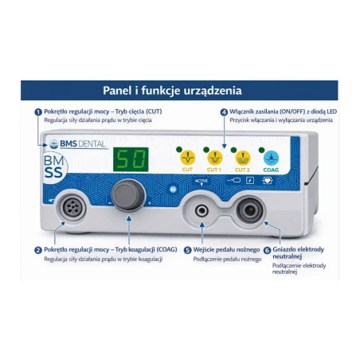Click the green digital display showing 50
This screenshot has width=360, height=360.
(x=131, y=159)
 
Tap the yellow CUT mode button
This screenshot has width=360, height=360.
(x=188, y=158)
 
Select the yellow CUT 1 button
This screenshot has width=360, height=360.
(x=215, y=158)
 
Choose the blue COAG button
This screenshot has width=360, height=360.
(x=271, y=158)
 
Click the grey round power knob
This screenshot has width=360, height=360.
(x=128, y=195)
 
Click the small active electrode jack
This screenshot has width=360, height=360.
(x=202, y=211)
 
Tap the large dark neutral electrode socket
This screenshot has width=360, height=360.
(x=250, y=210)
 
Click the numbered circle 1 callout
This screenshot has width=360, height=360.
(x=38, y=112)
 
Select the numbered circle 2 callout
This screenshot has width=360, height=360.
(x=38, y=250)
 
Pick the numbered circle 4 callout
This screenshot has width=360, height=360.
(x=225, y=112)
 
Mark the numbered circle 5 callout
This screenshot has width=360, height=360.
(x=188, y=250)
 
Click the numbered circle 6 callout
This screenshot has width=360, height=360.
(x=267, y=250)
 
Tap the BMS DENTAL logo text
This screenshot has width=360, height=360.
(x=83, y=144)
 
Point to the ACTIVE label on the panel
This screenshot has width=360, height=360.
(x=202, y=181)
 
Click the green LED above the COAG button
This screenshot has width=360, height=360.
(x=261, y=150)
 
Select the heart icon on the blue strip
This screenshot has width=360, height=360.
(x=268, y=181)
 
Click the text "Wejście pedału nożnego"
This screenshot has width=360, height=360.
(x=226, y=250)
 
